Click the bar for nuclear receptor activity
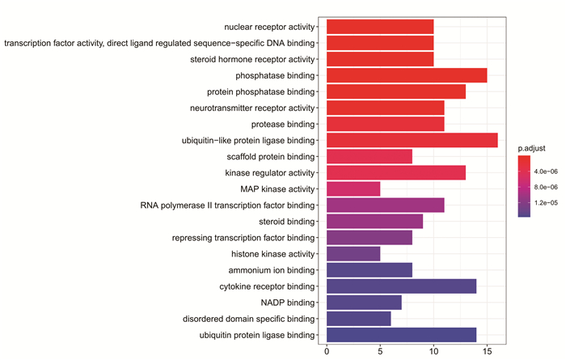tap(380, 27)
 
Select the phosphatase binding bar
tap(407, 75)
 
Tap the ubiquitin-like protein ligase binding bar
tap(412, 140)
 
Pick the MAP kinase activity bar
tap(353, 188)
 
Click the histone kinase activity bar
tap(353, 254)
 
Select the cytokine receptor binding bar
tap(401, 286)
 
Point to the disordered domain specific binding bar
tap(359, 319)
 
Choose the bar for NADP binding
tap(364, 303)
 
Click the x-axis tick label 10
tap(433, 351)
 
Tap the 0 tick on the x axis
tap(327, 351)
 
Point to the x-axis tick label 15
tap(487, 351)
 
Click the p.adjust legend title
tap(531, 148)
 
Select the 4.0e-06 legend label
tap(546, 172)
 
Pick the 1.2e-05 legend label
tap(546, 202)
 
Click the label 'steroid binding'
tap(286, 222)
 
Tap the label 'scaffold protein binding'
tap(271, 157)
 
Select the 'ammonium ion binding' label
tap(272, 270)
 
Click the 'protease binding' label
tap(283, 125)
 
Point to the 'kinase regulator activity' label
tap(270, 173)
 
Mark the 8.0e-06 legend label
tap(546, 187)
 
